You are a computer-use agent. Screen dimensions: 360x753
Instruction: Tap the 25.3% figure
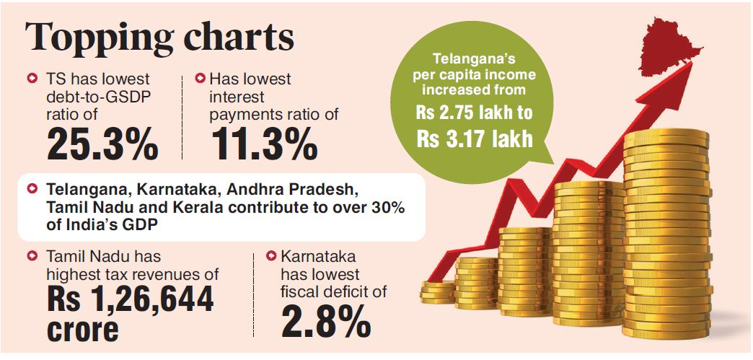tap(102, 146)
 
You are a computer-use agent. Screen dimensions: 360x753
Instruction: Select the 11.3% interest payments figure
tap(265, 146)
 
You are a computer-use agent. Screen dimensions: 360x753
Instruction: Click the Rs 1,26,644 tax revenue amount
tap(131, 299)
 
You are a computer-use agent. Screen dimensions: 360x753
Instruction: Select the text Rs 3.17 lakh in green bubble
tap(474, 138)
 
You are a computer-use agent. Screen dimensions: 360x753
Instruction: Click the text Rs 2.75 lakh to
tap(474, 113)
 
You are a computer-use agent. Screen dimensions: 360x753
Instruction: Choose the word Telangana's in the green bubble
tap(474, 60)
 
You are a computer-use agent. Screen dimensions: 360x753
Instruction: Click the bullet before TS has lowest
tap(31, 77)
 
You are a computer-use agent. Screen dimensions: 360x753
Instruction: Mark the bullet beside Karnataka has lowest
tap(271, 255)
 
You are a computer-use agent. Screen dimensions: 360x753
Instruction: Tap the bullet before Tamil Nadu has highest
tap(31, 255)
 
